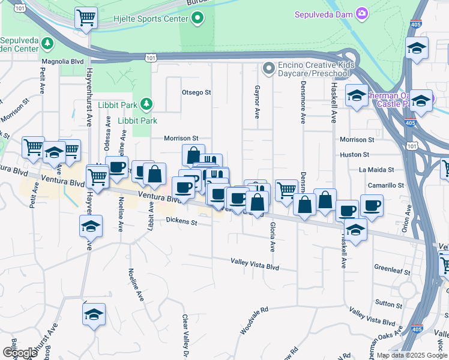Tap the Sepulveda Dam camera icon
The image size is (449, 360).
point(362,13)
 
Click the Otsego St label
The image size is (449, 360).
point(196,92)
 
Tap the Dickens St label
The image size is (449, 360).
point(182,222)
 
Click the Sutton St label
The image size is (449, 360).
point(389,304)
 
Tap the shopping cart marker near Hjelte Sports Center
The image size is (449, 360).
point(86,18)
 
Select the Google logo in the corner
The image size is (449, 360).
point(20,353)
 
